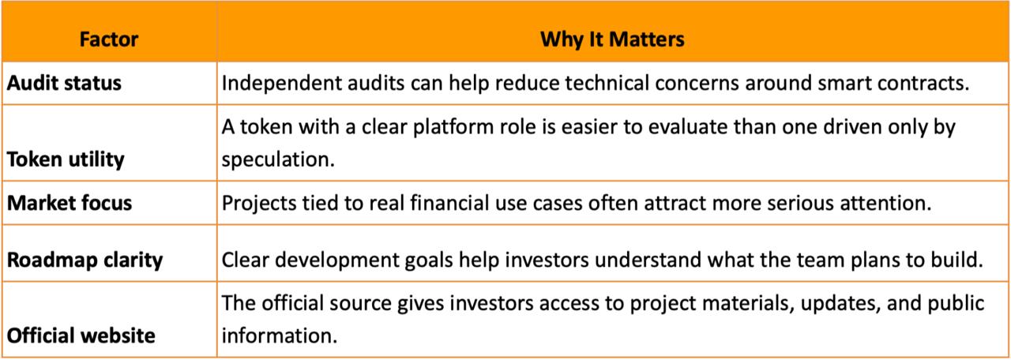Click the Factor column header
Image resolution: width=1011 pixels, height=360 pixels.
pos(109,39)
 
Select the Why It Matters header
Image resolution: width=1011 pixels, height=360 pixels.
pos(612,39)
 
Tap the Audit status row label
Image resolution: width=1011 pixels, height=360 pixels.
pos(64,83)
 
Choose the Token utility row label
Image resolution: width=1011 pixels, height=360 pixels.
pos(66,159)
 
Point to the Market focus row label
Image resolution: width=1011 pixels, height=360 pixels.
pos(70,203)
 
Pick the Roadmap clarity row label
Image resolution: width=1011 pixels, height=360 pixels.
pos(85,261)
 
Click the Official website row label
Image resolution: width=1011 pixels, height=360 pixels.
pos(81,336)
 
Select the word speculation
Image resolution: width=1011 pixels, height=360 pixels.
pos(278,159)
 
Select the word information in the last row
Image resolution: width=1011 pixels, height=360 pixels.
pos(280,336)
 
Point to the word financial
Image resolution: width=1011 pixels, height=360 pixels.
pos(449,203)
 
